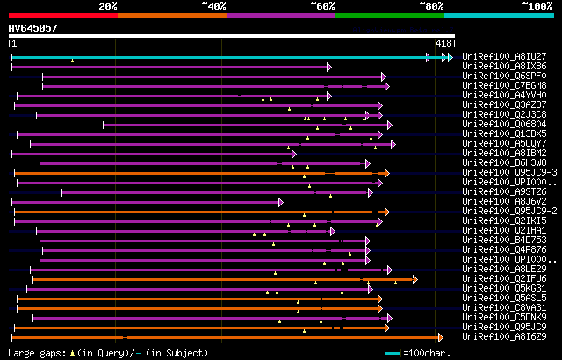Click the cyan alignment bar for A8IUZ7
coord(220,57)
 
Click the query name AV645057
coord(33,28)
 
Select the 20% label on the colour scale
coord(108,6)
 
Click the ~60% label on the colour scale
coord(323,6)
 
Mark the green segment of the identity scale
coord(389,16)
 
